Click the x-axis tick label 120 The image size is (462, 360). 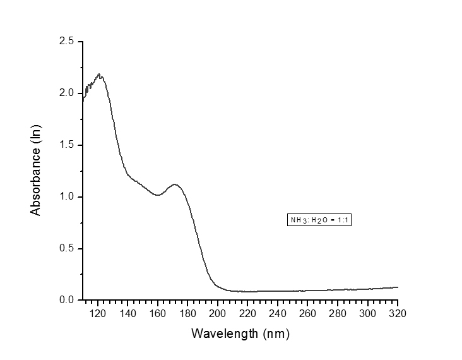pyautogui.click(x=97, y=313)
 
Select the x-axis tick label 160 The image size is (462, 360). pyautogui.click(x=157, y=313)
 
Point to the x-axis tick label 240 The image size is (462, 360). pyautogui.click(x=278, y=313)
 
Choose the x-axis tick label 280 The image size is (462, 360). pyautogui.click(x=338, y=313)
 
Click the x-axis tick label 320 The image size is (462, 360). pyautogui.click(x=398, y=313)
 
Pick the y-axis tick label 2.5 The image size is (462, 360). pyautogui.click(x=67, y=42)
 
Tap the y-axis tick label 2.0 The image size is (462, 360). pyautogui.click(x=67, y=93)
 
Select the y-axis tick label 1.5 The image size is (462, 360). pyautogui.click(x=67, y=145)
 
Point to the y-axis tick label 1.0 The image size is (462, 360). pyautogui.click(x=67, y=197)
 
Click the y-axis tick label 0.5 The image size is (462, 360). pyautogui.click(x=67, y=249)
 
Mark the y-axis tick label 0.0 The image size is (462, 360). pyautogui.click(x=67, y=301)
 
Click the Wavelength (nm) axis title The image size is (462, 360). pyautogui.click(x=240, y=333)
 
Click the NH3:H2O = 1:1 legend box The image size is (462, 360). pyautogui.click(x=319, y=220)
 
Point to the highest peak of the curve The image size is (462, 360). pyautogui.click(x=99, y=75)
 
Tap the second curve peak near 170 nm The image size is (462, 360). pyautogui.click(x=175, y=184)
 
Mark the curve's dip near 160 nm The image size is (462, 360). pyautogui.click(x=158, y=195)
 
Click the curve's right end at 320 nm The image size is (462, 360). pyautogui.click(x=398, y=287)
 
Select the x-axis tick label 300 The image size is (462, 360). pyautogui.click(x=368, y=313)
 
